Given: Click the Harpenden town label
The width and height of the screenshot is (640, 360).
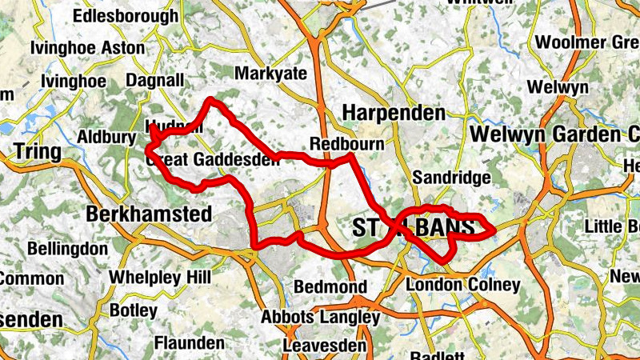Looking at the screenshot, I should pos(394,113).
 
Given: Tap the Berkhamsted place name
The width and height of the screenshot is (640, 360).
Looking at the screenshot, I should pos(148,214).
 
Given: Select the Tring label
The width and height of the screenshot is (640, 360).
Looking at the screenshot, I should pos(37,152).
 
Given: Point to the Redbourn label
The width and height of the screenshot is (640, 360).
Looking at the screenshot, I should pos(346,142).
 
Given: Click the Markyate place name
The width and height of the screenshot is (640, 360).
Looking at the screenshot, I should pos(270,74).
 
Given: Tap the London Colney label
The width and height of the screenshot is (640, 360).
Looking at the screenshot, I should pos(463,285).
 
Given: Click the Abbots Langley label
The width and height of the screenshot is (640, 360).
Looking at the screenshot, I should pos(320,317).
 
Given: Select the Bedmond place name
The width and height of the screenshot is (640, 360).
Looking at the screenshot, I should pos(330,286).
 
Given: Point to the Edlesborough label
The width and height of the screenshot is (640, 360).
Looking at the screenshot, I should pos(126,16).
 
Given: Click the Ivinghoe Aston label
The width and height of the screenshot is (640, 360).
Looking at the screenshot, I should pos(87,48).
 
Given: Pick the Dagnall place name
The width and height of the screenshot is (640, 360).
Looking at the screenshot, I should pos(156,81).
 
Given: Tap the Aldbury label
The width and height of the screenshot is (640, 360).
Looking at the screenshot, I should pos(106,138).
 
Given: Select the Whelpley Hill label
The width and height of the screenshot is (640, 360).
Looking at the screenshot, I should pos(160,277).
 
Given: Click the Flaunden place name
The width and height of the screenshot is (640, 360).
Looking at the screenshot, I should pos(190,343).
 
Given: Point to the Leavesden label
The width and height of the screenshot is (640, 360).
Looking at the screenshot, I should pos(325,346).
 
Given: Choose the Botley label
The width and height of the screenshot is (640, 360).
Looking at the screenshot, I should pos(133,310).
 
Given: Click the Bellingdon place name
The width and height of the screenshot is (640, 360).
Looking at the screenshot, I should pos(67,249).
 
